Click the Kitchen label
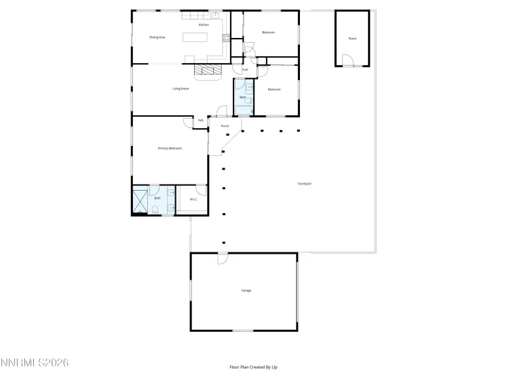click(x=204, y=24)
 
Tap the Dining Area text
click(x=157, y=37)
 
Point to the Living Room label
click(x=180, y=88)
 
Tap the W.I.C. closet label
click(x=193, y=199)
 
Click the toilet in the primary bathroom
click(x=155, y=210)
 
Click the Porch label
click(x=225, y=126)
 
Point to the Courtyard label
click(x=305, y=183)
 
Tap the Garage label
click(x=246, y=290)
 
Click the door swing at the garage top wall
click(x=222, y=259)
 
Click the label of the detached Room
click(x=352, y=39)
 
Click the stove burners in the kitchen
click(x=215, y=14)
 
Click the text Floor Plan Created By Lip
click(x=253, y=367)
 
